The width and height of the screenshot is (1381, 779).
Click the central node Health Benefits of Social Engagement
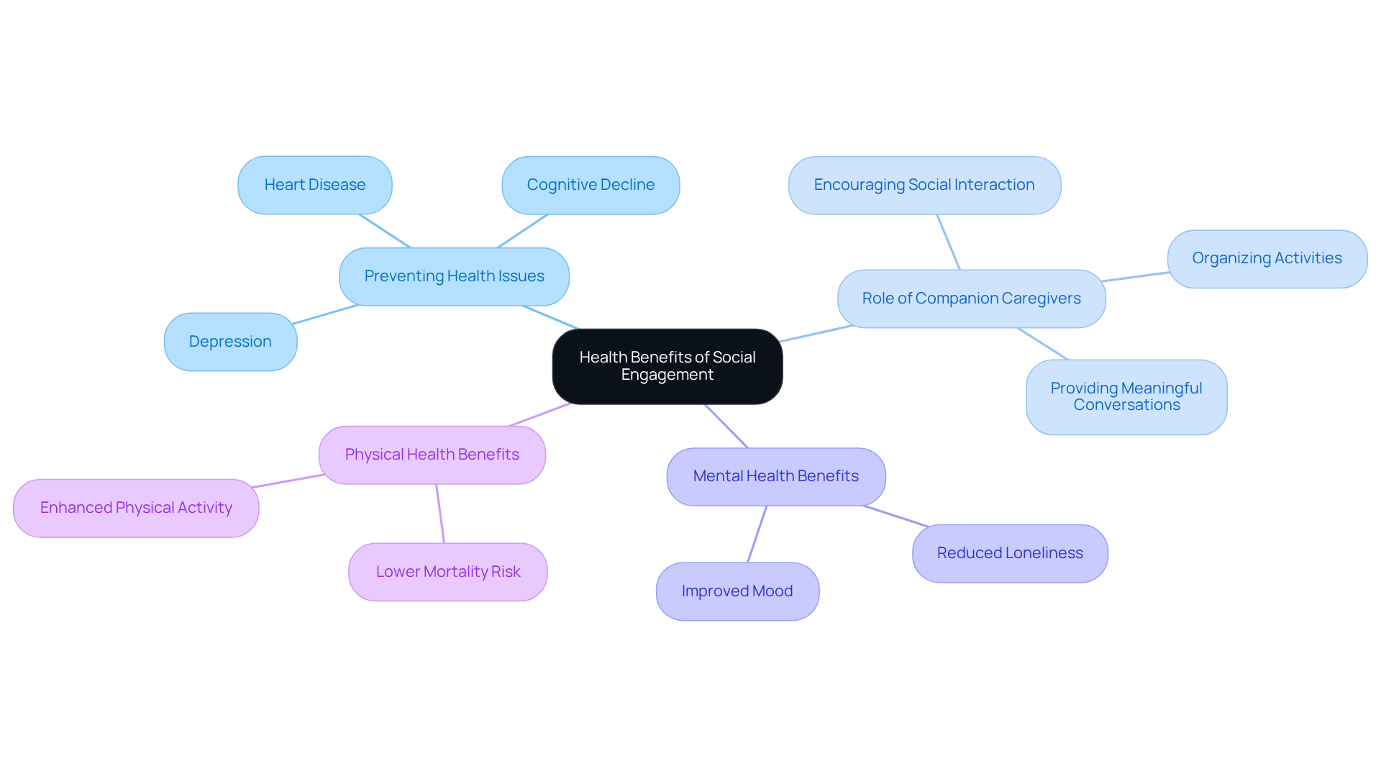click(x=667, y=366)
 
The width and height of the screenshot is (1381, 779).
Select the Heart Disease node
click(x=314, y=185)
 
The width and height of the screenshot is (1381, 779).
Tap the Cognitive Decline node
click(x=590, y=185)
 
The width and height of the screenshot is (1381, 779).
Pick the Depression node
click(x=230, y=342)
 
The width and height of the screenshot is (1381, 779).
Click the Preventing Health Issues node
click(x=454, y=276)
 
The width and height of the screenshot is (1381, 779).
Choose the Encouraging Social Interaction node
click(x=924, y=185)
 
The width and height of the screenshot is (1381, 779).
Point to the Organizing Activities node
click(x=1266, y=258)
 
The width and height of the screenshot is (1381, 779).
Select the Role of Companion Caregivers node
click(x=971, y=299)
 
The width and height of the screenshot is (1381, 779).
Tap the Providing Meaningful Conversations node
click(x=1126, y=396)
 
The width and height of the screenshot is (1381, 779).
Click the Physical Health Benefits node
click(x=432, y=455)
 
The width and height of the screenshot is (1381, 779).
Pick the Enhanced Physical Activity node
click(x=136, y=508)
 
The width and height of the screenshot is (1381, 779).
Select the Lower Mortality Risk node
click(x=447, y=572)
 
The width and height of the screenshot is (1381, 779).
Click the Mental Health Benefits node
click(x=775, y=476)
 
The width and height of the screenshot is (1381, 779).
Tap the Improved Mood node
click(x=737, y=591)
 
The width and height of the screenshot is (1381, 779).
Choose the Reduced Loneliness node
click(x=1009, y=553)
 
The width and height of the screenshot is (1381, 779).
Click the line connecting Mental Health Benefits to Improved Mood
click(x=757, y=534)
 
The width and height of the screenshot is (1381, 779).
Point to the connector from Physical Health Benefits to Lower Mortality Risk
click(x=440, y=514)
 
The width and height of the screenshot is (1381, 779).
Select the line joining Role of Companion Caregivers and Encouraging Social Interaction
click(x=948, y=242)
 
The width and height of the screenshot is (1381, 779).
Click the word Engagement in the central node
click(x=667, y=375)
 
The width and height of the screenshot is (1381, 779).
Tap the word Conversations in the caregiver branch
click(x=1126, y=405)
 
